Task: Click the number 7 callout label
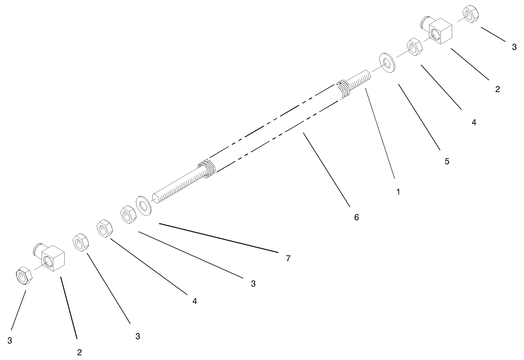[288, 258]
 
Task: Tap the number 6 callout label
[356, 217]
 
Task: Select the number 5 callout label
[447, 162]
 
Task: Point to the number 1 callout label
[398, 192]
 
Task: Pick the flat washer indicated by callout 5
[387, 63]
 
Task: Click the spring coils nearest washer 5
[344, 88]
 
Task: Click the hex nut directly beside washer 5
[414, 48]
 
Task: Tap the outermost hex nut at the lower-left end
[24, 275]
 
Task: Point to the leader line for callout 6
[326, 170]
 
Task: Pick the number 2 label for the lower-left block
[79, 352]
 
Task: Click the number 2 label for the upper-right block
[497, 89]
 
